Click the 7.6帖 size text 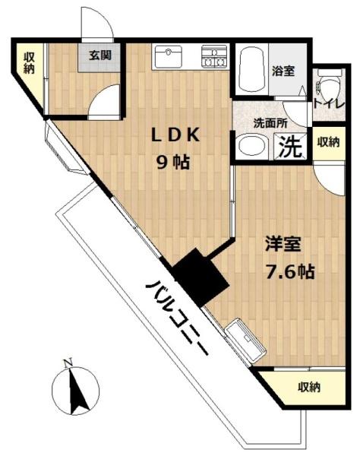point(289,271)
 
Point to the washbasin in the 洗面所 point(249,146)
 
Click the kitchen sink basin point(169,57)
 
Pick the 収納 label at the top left point(30,62)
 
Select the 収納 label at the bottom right point(308,387)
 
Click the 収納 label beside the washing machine point(328,141)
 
